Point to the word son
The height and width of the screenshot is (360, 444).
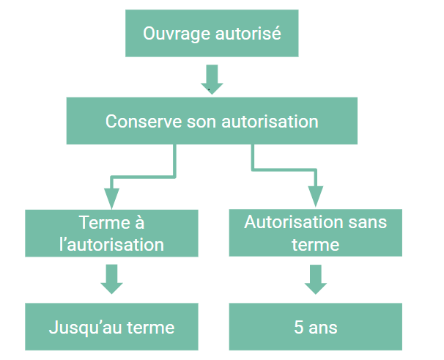click(x=198, y=121)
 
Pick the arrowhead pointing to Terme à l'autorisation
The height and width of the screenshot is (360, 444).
click(x=111, y=197)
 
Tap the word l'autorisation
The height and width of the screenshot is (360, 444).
click(x=111, y=244)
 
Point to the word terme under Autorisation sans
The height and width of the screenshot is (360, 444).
click(x=315, y=244)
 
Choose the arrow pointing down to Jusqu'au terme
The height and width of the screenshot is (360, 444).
click(x=111, y=279)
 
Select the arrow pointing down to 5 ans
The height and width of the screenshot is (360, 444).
click(x=315, y=279)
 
